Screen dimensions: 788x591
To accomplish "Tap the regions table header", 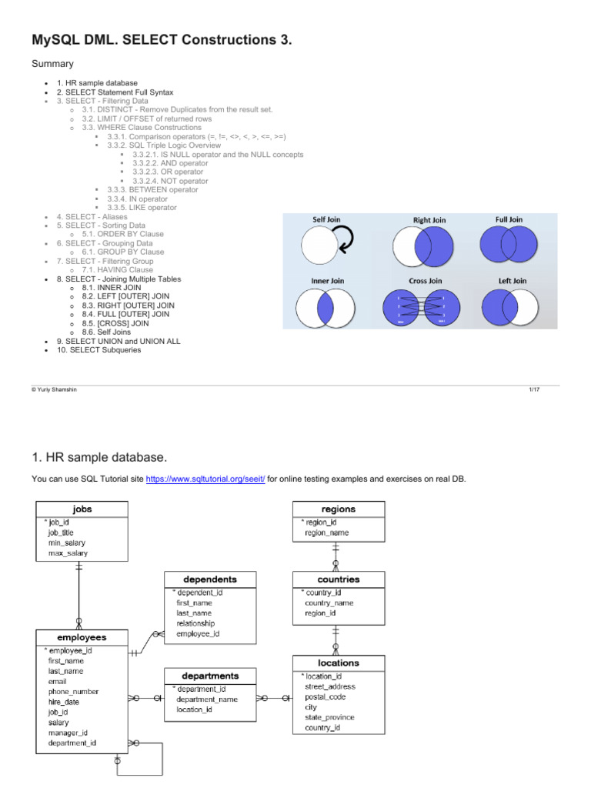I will (x=338, y=509).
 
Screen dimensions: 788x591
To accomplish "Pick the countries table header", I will (x=338, y=579).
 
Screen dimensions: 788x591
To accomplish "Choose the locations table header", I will (x=338, y=663).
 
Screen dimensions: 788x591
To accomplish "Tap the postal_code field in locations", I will (x=326, y=696).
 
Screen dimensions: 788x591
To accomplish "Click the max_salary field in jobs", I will (x=68, y=553).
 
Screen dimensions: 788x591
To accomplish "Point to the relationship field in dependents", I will (x=195, y=623).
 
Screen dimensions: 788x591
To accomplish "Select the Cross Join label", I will (x=425, y=281).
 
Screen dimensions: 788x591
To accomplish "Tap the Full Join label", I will (x=509, y=219).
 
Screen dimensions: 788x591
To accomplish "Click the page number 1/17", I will (x=533, y=390).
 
